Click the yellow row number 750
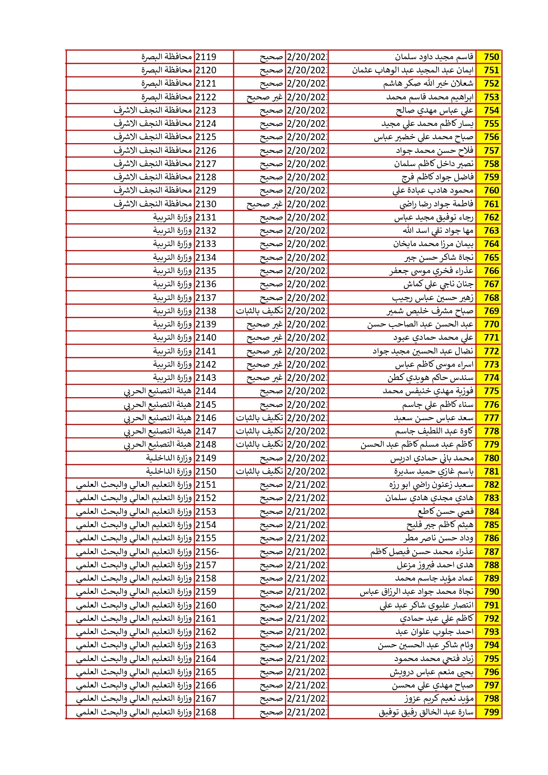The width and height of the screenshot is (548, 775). (x=491, y=57)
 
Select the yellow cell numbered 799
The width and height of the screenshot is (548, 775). (x=491, y=712)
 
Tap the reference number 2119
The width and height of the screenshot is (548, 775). (x=206, y=57)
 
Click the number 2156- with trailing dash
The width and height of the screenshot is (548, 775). (x=207, y=552)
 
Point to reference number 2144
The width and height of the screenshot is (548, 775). (x=206, y=391)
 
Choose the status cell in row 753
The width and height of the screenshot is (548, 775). (x=264, y=97)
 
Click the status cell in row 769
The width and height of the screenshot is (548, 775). (x=259, y=311)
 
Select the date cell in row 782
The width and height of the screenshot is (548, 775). (x=307, y=485)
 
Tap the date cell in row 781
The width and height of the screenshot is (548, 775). (x=307, y=471)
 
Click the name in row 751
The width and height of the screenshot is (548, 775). (x=413, y=70)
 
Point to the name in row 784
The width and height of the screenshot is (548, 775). (x=445, y=512)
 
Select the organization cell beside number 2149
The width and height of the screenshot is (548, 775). (x=169, y=458)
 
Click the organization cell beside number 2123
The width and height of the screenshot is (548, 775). (x=152, y=110)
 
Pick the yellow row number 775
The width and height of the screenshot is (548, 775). (x=491, y=391)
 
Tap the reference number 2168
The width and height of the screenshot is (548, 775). (x=206, y=712)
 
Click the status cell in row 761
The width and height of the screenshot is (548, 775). (x=264, y=204)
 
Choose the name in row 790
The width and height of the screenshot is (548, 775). (x=416, y=592)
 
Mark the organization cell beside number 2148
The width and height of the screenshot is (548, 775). (x=158, y=444)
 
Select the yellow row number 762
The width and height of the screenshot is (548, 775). (x=491, y=217)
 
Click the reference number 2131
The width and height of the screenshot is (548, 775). (x=206, y=217)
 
